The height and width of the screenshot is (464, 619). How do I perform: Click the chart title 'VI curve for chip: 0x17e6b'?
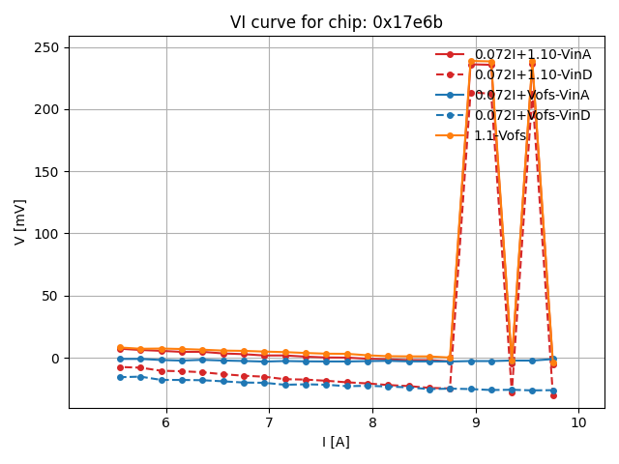coord(337,22)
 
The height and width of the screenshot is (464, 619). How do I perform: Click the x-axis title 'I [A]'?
coord(337,442)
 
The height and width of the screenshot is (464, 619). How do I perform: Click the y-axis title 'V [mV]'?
coord(20,221)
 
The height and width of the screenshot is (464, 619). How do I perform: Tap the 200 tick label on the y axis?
coord(48,109)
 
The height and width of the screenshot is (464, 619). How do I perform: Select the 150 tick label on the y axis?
coord(48,171)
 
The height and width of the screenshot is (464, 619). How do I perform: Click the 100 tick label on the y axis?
coord(48,234)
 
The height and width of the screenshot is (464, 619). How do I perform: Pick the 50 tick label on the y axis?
coord(52,296)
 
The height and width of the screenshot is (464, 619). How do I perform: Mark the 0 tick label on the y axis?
coord(56,358)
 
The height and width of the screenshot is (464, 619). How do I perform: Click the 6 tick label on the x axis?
coord(165,422)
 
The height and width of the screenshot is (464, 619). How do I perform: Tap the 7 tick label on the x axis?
coord(269,422)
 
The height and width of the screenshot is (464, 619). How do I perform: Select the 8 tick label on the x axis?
coord(372,422)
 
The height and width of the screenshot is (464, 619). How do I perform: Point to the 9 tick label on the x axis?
coord(476,422)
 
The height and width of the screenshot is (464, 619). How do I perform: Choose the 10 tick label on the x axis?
coord(578,422)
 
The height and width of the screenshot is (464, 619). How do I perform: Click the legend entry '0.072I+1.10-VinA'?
coord(532,54)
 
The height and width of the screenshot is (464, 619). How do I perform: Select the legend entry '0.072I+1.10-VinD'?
coord(532,74)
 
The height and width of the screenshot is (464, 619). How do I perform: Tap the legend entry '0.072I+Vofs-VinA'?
coord(531,95)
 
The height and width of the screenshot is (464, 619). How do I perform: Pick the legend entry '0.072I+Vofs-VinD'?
coord(531,115)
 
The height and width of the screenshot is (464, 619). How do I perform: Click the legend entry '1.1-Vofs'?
coord(500,135)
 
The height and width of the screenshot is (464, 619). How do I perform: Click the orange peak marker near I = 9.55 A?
coord(532,63)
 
